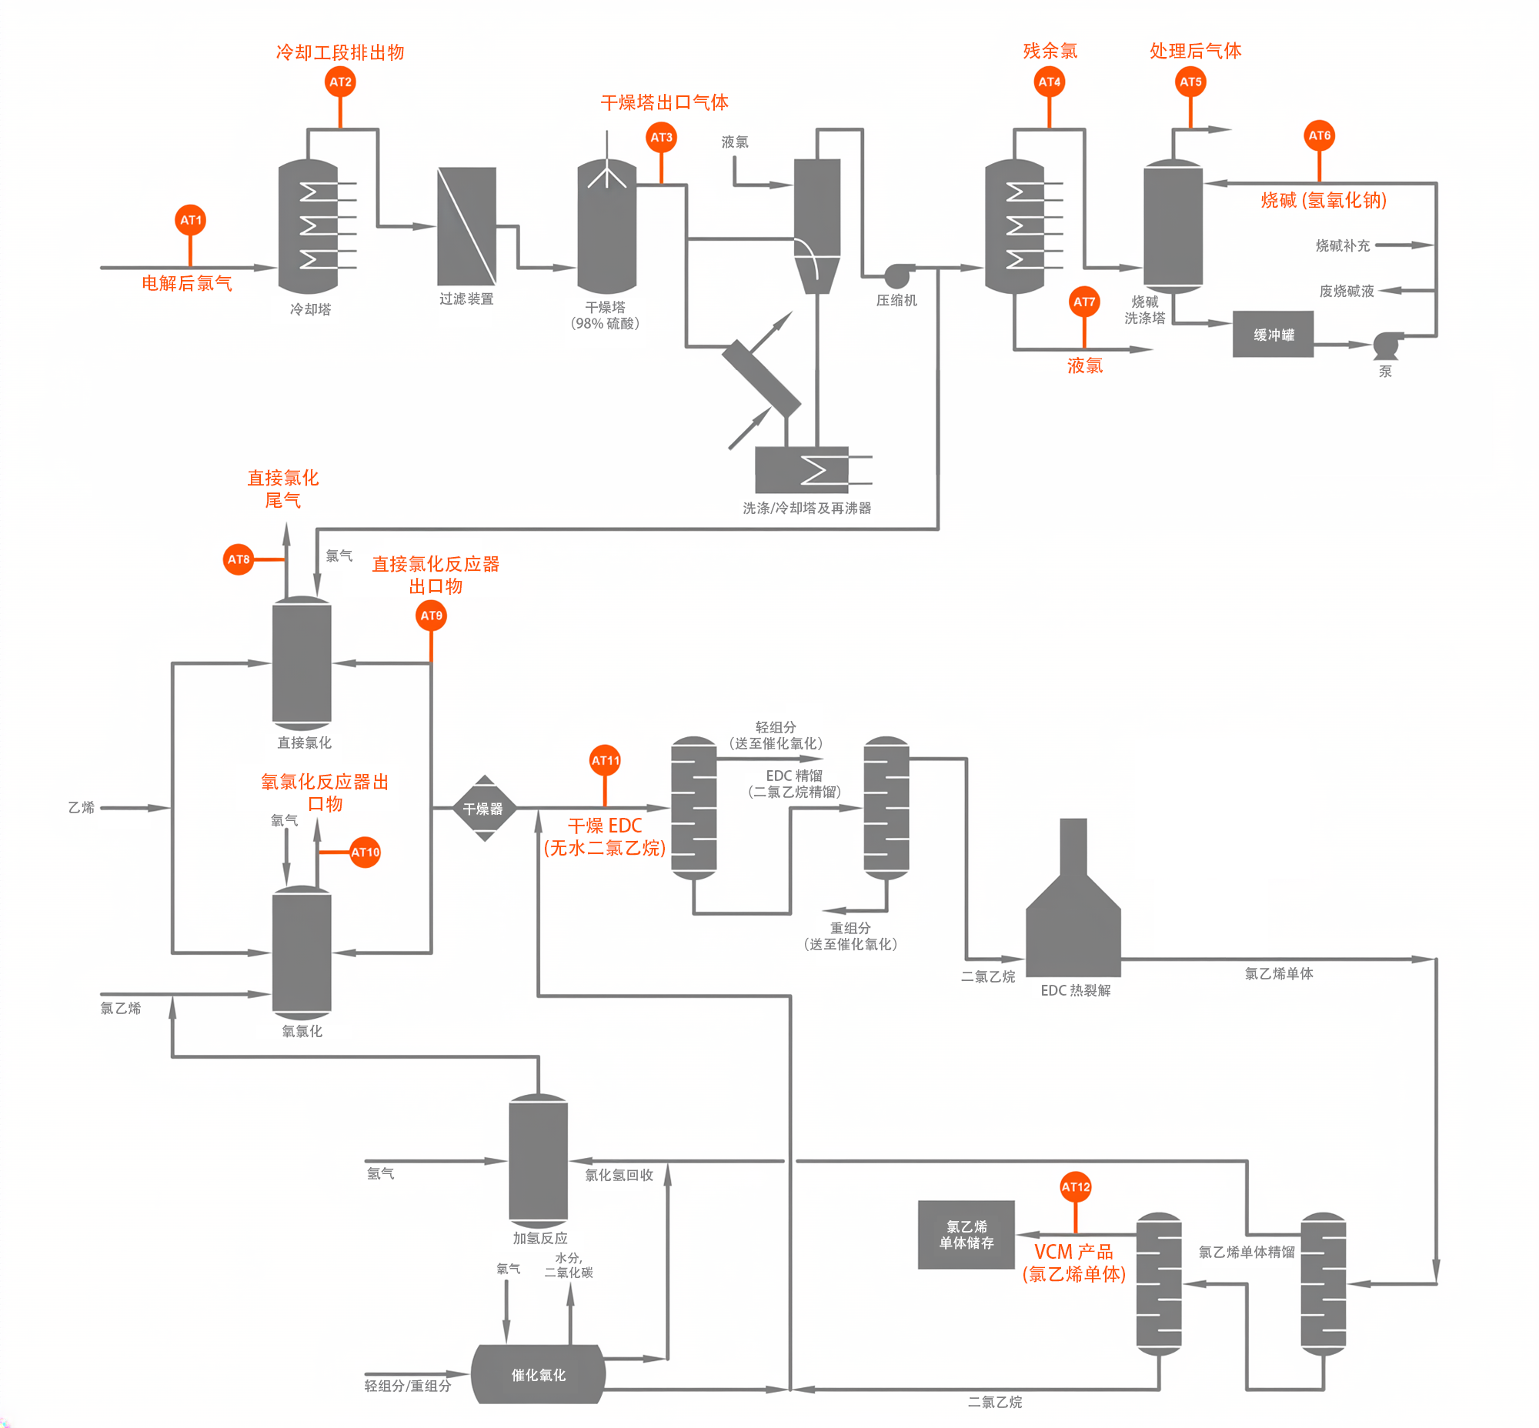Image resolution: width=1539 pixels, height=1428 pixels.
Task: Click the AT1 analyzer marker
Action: pyautogui.click(x=190, y=220)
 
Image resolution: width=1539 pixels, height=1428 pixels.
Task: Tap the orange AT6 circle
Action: pyautogui.click(x=1319, y=136)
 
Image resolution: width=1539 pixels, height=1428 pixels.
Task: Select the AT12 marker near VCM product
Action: pyautogui.click(x=1075, y=1187)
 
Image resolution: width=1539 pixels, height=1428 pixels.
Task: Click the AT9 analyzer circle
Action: pyautogui.click(x=431, y=616)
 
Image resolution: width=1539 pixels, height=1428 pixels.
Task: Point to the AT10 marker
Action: pyautogui.click(x=365, y=852)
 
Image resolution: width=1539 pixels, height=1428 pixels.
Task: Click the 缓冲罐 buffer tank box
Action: pyautogui.click(x=1272, y=335)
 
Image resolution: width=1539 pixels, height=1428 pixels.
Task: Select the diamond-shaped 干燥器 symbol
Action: pyautogui.click(x=484, y=809)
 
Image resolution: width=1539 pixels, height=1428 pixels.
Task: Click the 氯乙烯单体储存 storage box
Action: pyautogui.click(x=966, y=1235)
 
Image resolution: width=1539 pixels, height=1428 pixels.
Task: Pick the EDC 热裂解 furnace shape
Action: pyautogui.click(x=1073, y=919)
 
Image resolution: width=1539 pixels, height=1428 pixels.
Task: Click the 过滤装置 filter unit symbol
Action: pyautogui.click(x=466, y=226)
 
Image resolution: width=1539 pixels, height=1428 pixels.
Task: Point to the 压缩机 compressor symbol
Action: pyautogui.click(x=896, y=275)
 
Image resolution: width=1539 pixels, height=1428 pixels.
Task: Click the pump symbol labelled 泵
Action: pyautogui.click(x=1386, y=345)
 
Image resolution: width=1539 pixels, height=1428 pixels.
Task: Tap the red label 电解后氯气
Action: pyautogui.click(x=186, y=283)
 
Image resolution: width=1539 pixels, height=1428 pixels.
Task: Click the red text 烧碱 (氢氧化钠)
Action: pyautogui.click(x=1324, y=200)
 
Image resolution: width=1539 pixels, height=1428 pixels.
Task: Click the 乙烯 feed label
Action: pyautogui.click(x=81, y=808)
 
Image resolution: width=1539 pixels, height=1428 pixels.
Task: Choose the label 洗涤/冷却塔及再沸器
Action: pyautogui.click(x=806, y=508)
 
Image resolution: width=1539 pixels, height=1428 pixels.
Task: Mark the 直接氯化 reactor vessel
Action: pyautogui.click(x=302, y=663)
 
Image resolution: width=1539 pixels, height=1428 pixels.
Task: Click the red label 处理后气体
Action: pyautogui.click(x=1194, y=51)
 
